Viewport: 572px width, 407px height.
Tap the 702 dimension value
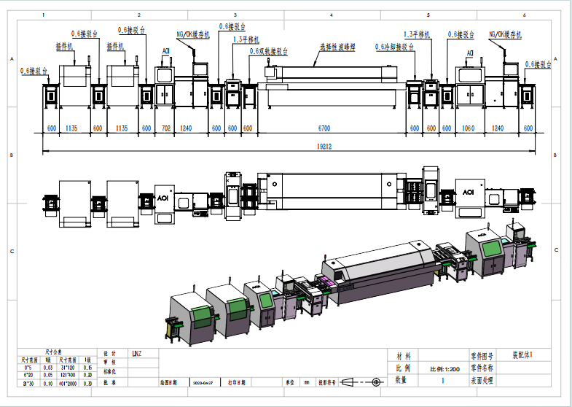click(165, 128)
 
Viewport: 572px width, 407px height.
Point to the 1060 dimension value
click(469, 128)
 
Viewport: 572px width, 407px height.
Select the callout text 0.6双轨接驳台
click(268, 52)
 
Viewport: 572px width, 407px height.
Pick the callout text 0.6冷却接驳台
click(394, 46)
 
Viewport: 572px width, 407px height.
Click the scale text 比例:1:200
click(444, 369)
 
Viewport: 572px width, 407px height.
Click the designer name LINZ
click(136, 354)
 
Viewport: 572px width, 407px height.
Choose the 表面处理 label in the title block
click(482, 380)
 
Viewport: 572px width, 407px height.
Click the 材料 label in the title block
click(403, 357)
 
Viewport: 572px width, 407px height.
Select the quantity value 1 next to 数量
click(443, 380)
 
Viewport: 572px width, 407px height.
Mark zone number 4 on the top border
click(332, 15)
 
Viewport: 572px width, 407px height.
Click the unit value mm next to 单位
click(307, 381)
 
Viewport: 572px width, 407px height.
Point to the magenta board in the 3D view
click(326, 279)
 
